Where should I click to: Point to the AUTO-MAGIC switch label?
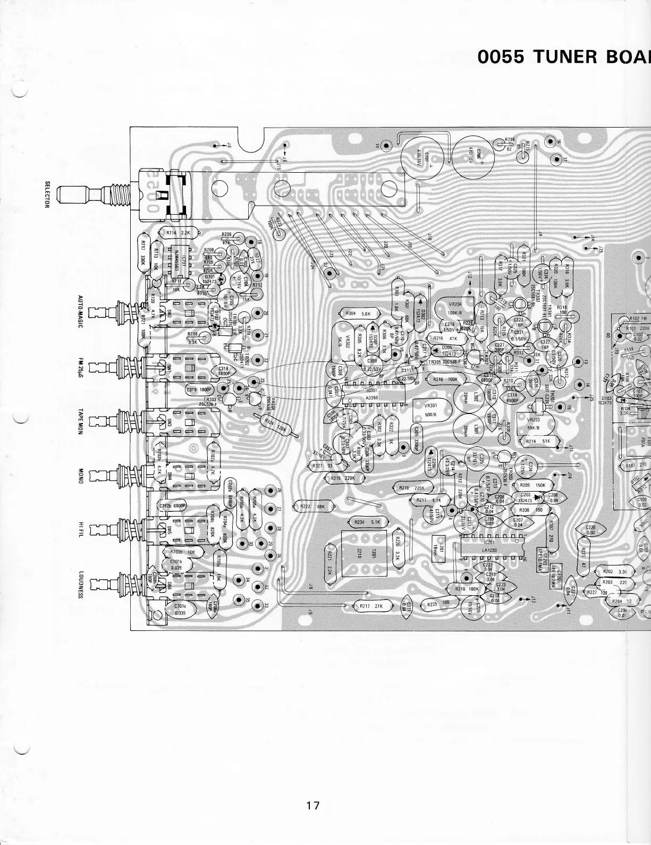pyautogui.click(x=81, y=311)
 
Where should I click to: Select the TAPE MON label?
pyautogui.click(x=81, y=422)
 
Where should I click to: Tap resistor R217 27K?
pyautogui.click(x=368, y=605)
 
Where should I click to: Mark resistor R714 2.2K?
pyautogui.click(x=178, y=233)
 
